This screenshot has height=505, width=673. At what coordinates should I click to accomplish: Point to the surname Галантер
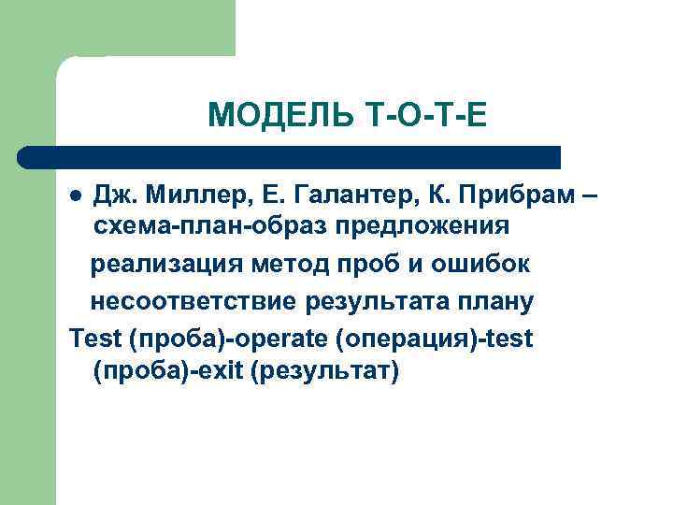(336, 194)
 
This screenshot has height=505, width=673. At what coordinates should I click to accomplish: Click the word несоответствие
(195, 302)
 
